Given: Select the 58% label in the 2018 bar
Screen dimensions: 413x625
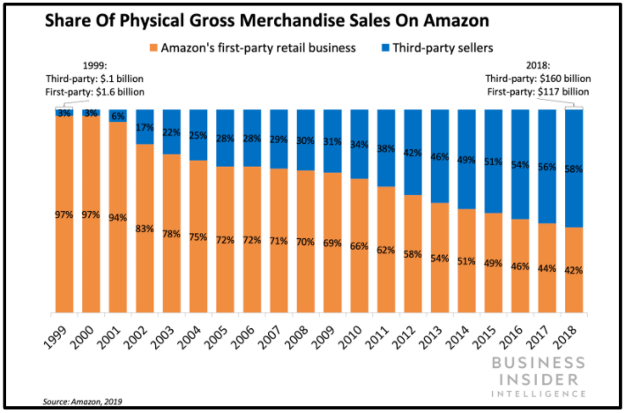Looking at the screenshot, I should (x=574, y=169).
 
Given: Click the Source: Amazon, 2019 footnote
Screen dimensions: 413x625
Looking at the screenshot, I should (x=84, y=402).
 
